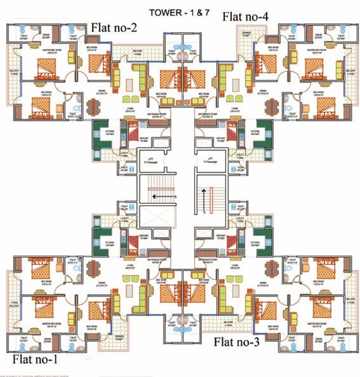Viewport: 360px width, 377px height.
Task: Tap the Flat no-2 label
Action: tap(114, 27)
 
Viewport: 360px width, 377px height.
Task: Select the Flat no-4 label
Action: tap(245, 16)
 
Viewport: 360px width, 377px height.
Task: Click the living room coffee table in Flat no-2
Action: tap(129, 78)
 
